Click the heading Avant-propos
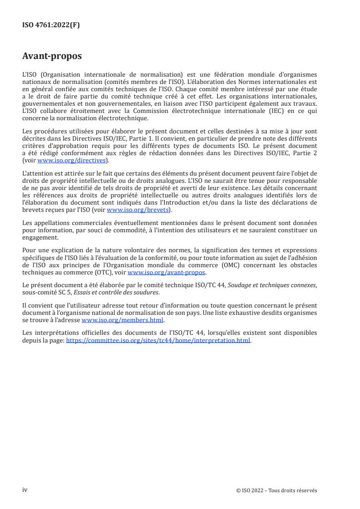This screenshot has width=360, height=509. [x=52, y=57]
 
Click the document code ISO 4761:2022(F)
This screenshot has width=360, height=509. [x=51, y=25]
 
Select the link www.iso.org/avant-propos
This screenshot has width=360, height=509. [x=167, y=272]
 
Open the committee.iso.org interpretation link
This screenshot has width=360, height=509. [x=158, y=340]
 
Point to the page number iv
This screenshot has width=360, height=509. [x=25, y=490]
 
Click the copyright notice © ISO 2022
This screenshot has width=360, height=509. [x=276, y=490]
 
